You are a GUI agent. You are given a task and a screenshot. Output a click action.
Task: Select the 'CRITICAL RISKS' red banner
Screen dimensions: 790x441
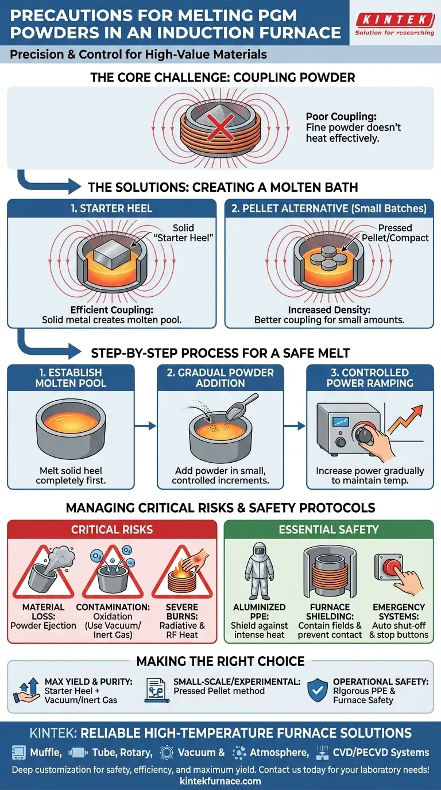coord(113,530)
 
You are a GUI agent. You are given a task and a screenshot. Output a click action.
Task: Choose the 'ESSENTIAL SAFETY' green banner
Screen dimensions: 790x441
coord(328,530)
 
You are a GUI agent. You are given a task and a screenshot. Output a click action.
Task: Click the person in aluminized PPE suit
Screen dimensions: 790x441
coord(257,569)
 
